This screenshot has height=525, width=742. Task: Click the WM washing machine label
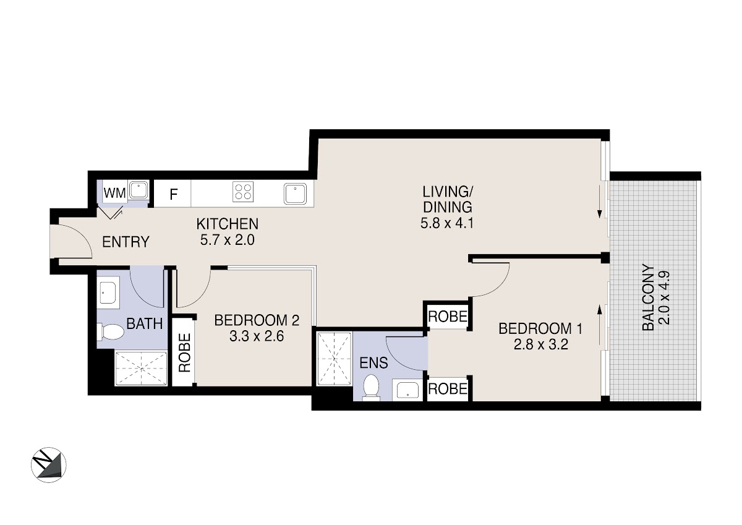[x=114, y=193]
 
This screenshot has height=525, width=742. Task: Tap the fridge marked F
[x=173, y=194]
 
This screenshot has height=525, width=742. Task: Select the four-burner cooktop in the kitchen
[x=243, y=192]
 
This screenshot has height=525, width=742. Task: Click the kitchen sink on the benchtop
[x=295, y=194]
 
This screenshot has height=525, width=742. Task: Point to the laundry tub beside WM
[x=138, y=190]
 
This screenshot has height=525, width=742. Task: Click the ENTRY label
[x=126, y=242]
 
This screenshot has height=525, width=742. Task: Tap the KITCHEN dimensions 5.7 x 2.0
[x=228, y=240]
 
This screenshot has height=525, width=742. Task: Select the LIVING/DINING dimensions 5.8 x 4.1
[x=447, y=223]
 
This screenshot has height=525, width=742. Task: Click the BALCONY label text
[x=648, y=297]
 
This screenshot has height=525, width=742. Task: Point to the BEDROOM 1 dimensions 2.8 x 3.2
[x=540, y=345]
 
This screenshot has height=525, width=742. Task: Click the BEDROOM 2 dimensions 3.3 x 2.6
[x=257, y=336]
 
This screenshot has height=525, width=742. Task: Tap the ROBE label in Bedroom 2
[x=184, y=352]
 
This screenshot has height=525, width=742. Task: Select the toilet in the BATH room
[x=110, y=331]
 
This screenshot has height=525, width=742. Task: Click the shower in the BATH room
[x=141, y=369]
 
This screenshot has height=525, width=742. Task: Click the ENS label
[x=373, y=363]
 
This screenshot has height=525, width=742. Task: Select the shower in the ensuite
[x=335, y=359]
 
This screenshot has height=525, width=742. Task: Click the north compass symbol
[x=49, y=465]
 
